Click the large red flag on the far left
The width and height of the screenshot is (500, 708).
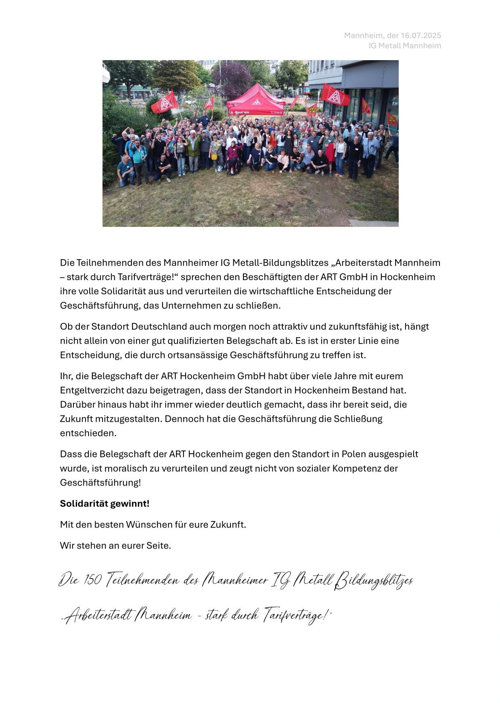tap(165, 103)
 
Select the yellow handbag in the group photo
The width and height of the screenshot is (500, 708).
tap(214, 157)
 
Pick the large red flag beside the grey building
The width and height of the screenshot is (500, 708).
tap(335, 95)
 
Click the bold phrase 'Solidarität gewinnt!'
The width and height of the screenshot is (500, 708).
tap(105, 504)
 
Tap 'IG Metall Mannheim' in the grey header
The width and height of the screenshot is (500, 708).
tap(404, 46)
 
